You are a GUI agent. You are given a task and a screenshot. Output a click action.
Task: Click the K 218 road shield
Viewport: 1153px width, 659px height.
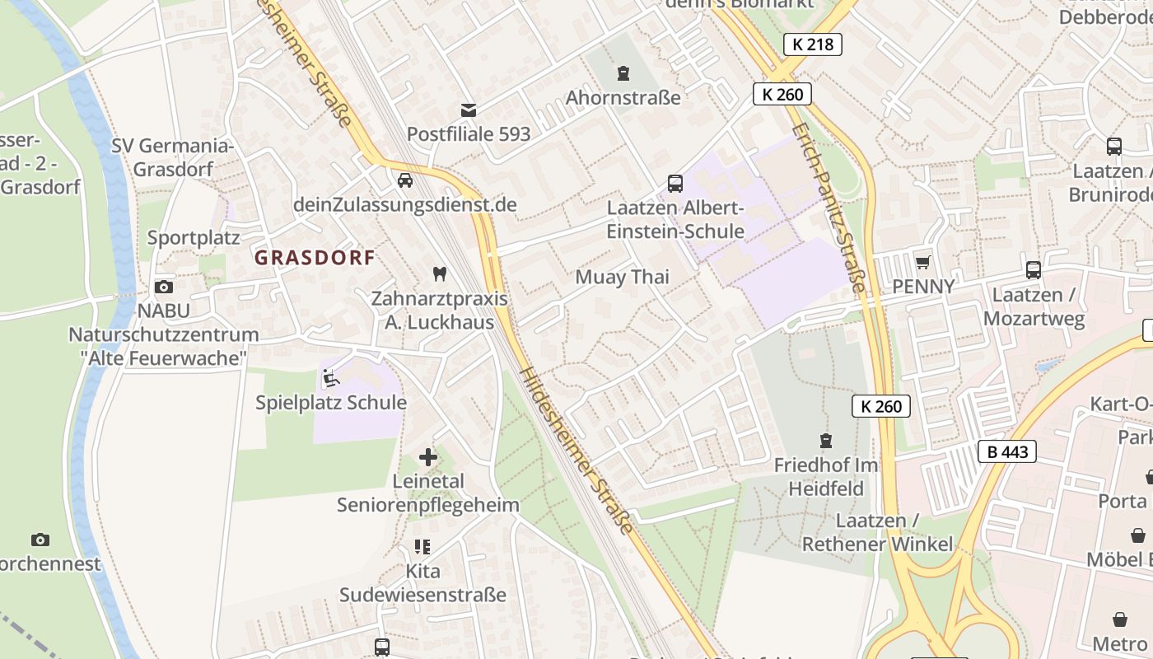click(x=812, y=44)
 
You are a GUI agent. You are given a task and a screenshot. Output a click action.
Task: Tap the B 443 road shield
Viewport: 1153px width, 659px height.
click(x=1006, y=451)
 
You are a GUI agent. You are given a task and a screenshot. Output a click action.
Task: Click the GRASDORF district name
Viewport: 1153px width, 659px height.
click(x=315, y=257)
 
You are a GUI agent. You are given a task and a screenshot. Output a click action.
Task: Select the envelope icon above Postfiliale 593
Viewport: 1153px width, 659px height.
click(x=469, y=110)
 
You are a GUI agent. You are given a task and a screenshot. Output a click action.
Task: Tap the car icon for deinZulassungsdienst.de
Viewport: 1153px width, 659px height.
click(x=404, y=180)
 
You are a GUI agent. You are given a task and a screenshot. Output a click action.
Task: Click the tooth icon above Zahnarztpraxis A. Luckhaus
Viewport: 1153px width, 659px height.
click(x=439, y=273)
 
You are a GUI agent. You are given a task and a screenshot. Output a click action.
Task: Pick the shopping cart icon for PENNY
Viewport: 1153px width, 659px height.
click(x=923, y=262)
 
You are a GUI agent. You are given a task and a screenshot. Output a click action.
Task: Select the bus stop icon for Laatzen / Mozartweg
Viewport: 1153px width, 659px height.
click(x=1033, y=269)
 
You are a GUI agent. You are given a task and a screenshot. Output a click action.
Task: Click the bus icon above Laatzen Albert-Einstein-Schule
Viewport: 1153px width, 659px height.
click(x=675, y=183)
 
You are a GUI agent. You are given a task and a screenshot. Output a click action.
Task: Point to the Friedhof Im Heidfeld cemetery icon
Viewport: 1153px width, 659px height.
click(x=826, y=441)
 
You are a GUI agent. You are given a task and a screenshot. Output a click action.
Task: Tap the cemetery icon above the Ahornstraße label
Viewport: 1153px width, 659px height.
click(x=623, y=73)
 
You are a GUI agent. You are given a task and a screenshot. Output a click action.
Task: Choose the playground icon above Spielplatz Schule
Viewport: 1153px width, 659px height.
click(x=331, y=378)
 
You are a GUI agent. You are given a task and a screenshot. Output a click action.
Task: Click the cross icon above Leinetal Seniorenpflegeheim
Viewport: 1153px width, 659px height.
click(x=428, y=456)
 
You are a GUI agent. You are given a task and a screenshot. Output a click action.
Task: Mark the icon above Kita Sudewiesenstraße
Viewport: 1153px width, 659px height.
click(x=422, y=547)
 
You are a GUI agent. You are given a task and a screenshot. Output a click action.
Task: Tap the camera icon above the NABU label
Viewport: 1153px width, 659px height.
click(x=164, y=287)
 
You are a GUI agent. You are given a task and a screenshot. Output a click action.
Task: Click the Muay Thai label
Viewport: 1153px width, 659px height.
click(x=622, y=277)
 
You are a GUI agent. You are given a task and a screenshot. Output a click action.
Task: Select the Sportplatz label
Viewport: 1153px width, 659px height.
click(x=194, y=238)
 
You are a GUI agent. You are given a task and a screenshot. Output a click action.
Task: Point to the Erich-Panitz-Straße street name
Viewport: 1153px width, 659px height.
click(x=829, y=208)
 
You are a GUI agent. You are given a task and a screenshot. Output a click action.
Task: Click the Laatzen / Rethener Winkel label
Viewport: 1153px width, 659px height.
click(x=877, y=533)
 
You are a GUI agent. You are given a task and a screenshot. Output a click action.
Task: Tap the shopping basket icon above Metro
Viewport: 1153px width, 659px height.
click(x=1120, y=619)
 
